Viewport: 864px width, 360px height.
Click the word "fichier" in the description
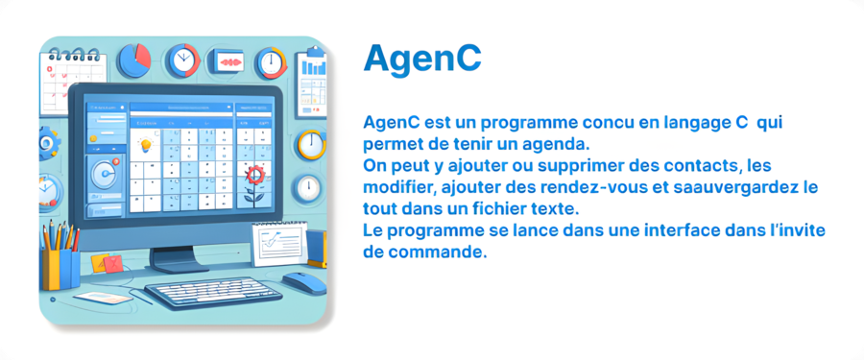click(508, 209)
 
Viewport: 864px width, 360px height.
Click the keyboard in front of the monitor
click(213, 293)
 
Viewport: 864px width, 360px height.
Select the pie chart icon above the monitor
click(133, 60)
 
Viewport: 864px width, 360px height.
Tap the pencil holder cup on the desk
click(60, 269)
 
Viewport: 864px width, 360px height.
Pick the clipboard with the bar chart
click(311, 84)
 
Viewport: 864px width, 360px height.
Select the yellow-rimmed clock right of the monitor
click(310, 144)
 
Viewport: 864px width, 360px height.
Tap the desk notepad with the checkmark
click(279, 242)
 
